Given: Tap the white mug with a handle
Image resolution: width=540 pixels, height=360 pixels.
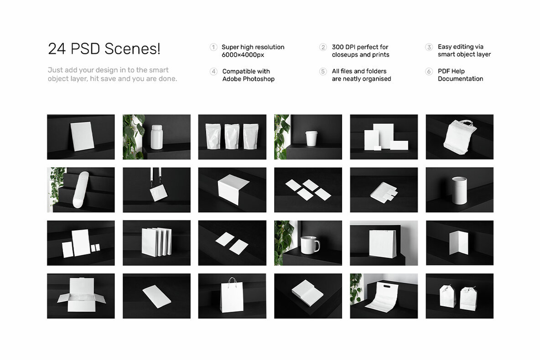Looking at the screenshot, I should pos(309,245).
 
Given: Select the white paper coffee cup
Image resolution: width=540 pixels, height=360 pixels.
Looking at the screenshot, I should pos(312,138).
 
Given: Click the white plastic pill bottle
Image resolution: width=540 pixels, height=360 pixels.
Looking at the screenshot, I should pos(157,137).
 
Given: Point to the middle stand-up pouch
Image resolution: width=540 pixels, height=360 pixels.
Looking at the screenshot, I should pos(232,136).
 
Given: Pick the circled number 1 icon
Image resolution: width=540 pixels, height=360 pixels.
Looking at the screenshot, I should pos(213,47).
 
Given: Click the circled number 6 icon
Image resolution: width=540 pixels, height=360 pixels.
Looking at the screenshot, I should pos(429,72).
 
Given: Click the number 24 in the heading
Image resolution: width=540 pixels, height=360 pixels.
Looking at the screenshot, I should pos(57,49).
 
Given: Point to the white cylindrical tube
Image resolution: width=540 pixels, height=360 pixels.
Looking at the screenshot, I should pos(459,190).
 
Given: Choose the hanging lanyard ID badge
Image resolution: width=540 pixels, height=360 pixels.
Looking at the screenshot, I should pos(158,192).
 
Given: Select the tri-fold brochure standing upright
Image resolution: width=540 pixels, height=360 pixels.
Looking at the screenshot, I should pos(459,242).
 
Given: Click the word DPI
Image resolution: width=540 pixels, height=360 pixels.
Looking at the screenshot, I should pos(352,47).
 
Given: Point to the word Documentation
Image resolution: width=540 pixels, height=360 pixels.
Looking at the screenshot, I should pos(460,79).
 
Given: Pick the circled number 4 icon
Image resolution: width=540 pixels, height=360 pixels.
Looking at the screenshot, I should pos(213,72).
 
